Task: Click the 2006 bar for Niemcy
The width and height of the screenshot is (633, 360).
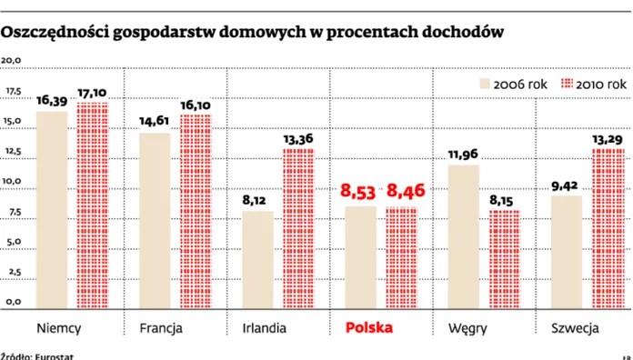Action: pyautogui.click(x=52, y=209)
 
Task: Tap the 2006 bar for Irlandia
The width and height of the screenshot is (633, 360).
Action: pyautogui.click(x=257, y=259)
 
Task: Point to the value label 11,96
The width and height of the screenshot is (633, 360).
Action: pyautogui.click(x=463, y=153)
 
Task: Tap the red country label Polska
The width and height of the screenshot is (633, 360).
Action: pyautogui.click(x=370, y=326)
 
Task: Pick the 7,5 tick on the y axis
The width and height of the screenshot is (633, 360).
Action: pyautogui.click(x=14, y=213)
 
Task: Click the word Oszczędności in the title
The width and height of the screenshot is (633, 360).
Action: pyautogui.click(x=60, y=33)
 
